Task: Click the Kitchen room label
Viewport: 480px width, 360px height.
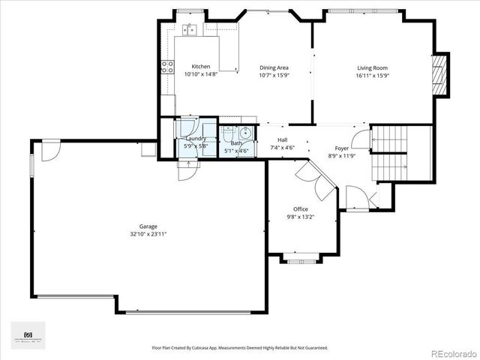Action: tap(200, 67)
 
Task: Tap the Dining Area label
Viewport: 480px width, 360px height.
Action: tap(274, 67)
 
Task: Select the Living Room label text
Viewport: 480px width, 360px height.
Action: tap(372, 67)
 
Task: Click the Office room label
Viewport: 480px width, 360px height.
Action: tap(301, 209)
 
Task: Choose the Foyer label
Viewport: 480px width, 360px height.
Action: tap(341, 148)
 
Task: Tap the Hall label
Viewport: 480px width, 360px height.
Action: tap(282, 140)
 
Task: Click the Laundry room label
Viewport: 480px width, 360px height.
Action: tap(196, 138)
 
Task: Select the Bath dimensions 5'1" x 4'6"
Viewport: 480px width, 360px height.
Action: tap(237, 151)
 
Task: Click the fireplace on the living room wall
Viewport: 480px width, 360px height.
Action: tap(441, 75)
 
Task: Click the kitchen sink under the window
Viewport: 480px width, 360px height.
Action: tap(189, 29)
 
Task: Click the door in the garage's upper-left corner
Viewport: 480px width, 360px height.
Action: tap(49, 150)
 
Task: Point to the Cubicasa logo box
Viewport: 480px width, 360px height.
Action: tap(28, 335)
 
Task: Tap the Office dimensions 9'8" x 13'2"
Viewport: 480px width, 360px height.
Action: tap(301, 217)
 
